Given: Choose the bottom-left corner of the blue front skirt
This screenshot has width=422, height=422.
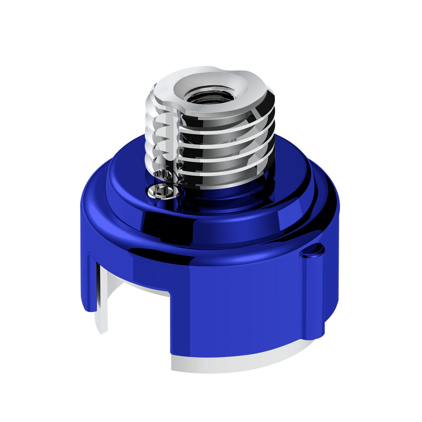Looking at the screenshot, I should point(173,352).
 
